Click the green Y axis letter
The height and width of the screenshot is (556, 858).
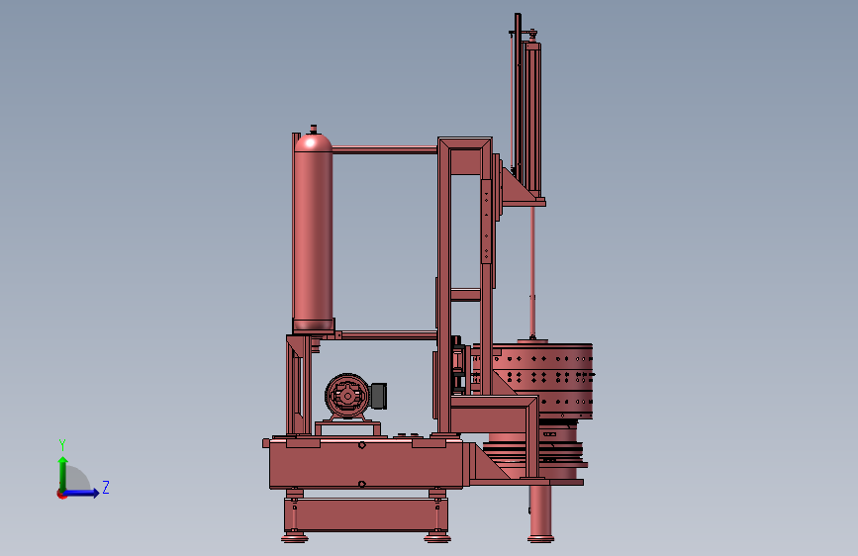pyautogui.click(x=61, y=444)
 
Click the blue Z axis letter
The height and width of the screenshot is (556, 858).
pyautogui.click(x=106, y=488)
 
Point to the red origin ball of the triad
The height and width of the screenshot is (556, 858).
pyautogui.click(x=61, y=494)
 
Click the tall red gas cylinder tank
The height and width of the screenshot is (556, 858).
pyautogui.click(x=313, y=237)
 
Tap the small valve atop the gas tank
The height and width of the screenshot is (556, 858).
pyautogui.click(x=314, y=129)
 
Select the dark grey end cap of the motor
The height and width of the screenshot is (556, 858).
pyautogui.click(x=378, y=397)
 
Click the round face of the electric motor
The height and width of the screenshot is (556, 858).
pyautogui.click(x=346, y=397)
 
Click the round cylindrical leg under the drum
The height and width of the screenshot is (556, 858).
pyautogui.click(x=540, y=511)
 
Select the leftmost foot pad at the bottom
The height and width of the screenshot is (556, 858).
pyautogui.click(x=294, y=536)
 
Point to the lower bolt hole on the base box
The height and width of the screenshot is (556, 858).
pyautogui.click(x=362, y=484)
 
